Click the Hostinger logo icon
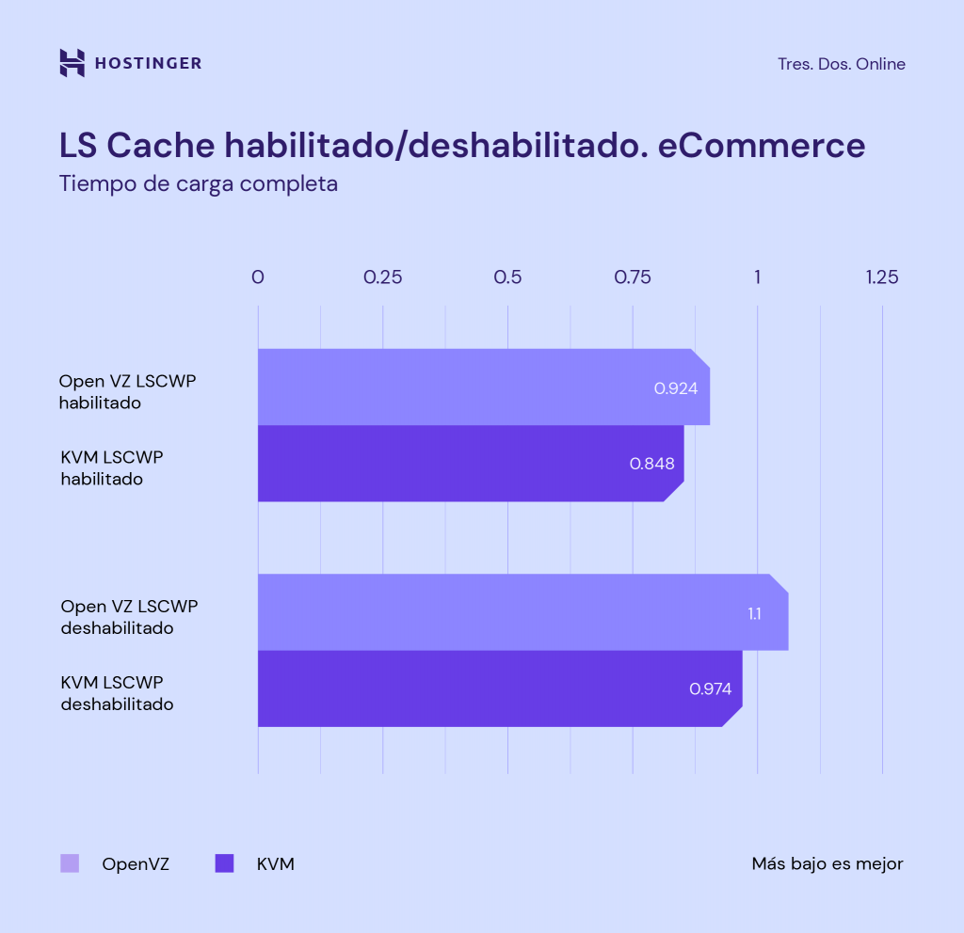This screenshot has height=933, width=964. pos(72,63)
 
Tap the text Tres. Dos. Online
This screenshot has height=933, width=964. pos(841,64)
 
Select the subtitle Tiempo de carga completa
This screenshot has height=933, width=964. pos(198,183)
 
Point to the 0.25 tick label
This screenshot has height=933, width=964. pos(382,277)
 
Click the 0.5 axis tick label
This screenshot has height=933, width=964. pos(507,277)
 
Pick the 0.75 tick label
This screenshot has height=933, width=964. pos(632,277)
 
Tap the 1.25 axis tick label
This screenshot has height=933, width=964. pos(882,277)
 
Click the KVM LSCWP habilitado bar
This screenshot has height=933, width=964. pos(461,463)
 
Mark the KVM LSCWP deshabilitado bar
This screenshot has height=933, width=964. pos(490,688)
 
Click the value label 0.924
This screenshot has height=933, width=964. pos(676,387)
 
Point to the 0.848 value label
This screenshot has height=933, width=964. pos(651,464)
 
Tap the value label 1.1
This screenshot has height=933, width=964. pos(754,613)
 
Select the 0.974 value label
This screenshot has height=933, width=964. pos(710,688)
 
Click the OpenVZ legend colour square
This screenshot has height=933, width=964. pos(70,863)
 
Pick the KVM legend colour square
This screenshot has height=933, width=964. pos(224,863)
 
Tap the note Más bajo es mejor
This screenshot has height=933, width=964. pos(827,863)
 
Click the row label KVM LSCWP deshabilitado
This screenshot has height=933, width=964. pos(117,692)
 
